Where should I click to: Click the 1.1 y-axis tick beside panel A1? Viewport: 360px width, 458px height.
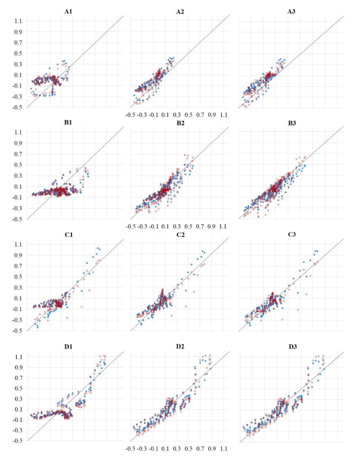click(18, 21)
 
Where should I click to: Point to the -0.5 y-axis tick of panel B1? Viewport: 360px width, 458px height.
click(17, 219)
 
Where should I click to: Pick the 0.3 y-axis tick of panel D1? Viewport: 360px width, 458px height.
click(18, 399)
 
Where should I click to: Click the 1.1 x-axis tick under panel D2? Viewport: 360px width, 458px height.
click(224, 449)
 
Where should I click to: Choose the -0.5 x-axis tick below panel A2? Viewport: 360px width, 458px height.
click(131, 115)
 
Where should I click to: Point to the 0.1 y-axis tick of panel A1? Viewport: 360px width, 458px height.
click(18, 75)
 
